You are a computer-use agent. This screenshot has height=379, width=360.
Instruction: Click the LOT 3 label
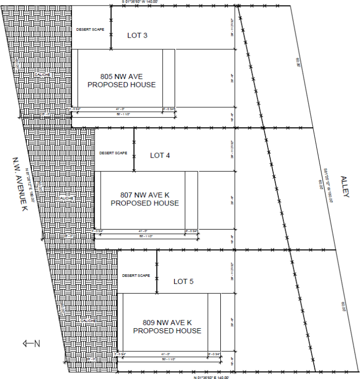click(x=137, y=35)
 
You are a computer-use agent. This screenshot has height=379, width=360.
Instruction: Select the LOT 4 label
click(x=160, y=155)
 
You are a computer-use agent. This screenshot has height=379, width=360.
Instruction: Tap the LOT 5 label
click(x=183, y=281)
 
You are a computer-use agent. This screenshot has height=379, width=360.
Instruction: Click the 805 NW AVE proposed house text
click(x=121, y=81)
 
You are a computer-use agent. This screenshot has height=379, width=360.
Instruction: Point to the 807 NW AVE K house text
click(x=145, y=199)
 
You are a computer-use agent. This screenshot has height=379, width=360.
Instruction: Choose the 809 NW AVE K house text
click(x=167, y=327)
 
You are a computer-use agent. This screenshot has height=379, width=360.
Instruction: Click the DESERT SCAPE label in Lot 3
click(x=90, y=29)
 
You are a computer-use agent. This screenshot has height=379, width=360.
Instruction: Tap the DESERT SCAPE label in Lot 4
click(x=113, y=153)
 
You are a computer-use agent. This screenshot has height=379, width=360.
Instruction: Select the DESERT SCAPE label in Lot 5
click(x=136, y=276)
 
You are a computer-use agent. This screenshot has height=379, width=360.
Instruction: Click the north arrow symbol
click(x=31, y=343)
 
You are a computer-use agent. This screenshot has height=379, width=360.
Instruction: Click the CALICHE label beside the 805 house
click(x=42, y=75)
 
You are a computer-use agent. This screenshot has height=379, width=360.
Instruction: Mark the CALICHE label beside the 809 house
click(x=88, y=321)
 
